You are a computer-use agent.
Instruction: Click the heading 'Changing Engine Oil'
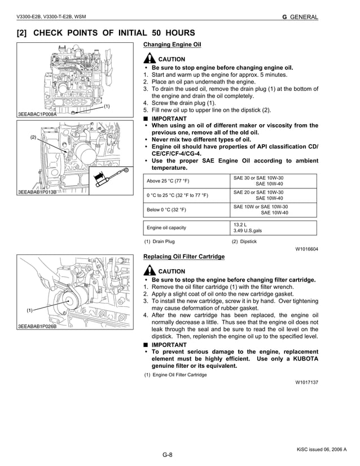(x=172, y=44)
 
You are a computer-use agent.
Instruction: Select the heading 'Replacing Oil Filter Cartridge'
(x=184, y=257)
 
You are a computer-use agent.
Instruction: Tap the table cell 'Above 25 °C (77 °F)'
(x=168, y=181)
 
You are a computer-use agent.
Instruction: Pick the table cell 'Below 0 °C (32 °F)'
(x=166, y=210)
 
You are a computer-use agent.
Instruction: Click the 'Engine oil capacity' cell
(x=167, y=228)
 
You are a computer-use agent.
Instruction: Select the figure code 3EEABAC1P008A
(x=37, y=114)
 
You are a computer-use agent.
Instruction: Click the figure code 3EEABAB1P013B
(x=37, y=192)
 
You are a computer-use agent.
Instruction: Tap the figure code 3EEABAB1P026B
(x=37, y=327)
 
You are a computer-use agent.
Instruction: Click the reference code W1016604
(x=306, y=249)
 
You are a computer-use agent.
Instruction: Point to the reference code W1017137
(x=306, y=382)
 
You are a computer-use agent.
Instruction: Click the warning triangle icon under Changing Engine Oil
(x=150, y=59)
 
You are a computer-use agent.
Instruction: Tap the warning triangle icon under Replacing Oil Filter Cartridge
(x=150, y=271)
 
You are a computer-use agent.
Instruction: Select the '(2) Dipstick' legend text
(x=244, y=241)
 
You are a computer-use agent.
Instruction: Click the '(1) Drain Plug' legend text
(x=159, y=241)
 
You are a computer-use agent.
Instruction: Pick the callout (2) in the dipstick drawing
(x=33, y=137)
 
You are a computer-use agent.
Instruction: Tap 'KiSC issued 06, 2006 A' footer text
(x=322, y=449)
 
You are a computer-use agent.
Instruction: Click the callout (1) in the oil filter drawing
(x=29, y=310)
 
